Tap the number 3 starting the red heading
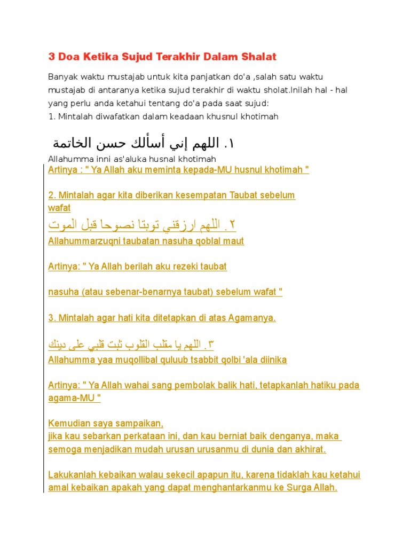coord(51,57)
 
